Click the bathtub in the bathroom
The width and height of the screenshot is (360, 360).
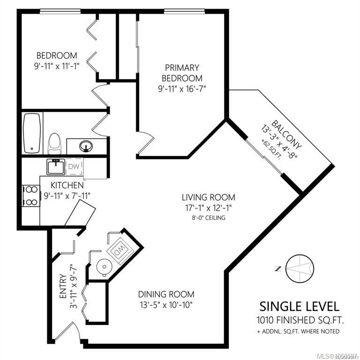coord(32,133)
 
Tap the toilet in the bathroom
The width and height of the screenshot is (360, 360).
coord(54,143)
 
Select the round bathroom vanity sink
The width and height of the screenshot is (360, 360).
coord(86,146)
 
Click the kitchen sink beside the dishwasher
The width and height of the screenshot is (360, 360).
coord(56,166)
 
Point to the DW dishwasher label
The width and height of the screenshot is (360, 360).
coord(74,166)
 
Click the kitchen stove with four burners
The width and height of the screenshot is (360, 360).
coord(31,196)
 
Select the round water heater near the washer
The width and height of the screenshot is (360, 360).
coord(105,267)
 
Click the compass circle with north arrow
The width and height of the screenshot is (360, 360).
coord(300,269)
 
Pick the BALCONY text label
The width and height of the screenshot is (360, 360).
coord(286,135)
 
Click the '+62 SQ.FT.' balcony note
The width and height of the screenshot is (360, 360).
coord(271,149)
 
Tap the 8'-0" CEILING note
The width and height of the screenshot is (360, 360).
coord(209,217)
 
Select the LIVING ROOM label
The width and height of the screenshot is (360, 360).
coord(209,197)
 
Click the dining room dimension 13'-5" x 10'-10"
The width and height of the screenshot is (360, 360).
coord(166,305)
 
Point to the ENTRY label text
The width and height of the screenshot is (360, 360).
coord(63,286)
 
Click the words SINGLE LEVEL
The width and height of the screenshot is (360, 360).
coord(300,307)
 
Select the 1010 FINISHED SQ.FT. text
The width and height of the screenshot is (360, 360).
coord(300,320)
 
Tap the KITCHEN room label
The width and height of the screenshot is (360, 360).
coord(67,185)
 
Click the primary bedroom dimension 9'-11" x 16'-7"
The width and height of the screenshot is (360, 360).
coord(182,89)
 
